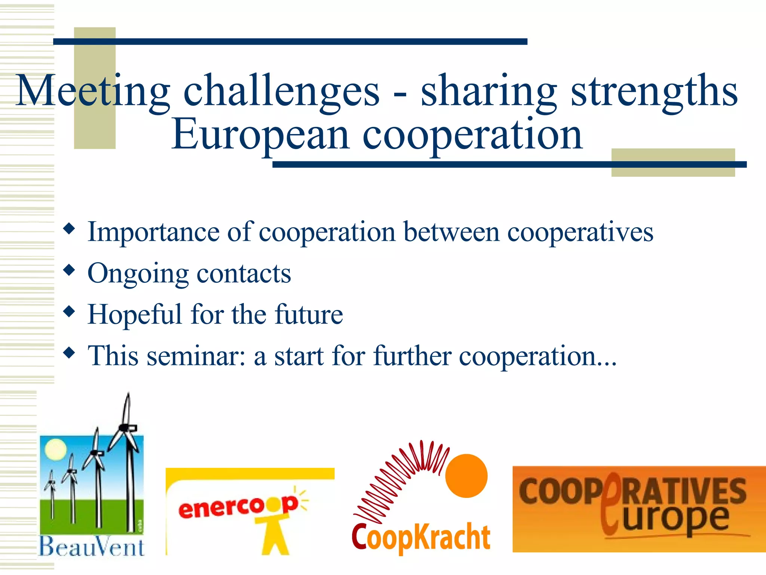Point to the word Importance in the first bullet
[x=153, y=232]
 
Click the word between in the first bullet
[x=451, y=232]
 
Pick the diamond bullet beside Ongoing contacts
[x=69, y=270]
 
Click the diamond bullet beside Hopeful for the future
[x=69, y=311]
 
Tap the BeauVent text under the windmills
[x=92, y=547]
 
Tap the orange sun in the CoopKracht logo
[x=466, y=475]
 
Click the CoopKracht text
[x=421, y=537]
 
